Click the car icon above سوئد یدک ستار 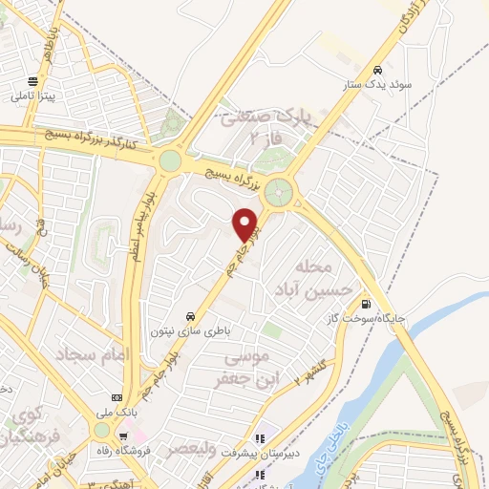click(x=379, y=70)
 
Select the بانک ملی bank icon click(x=117, y=396)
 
